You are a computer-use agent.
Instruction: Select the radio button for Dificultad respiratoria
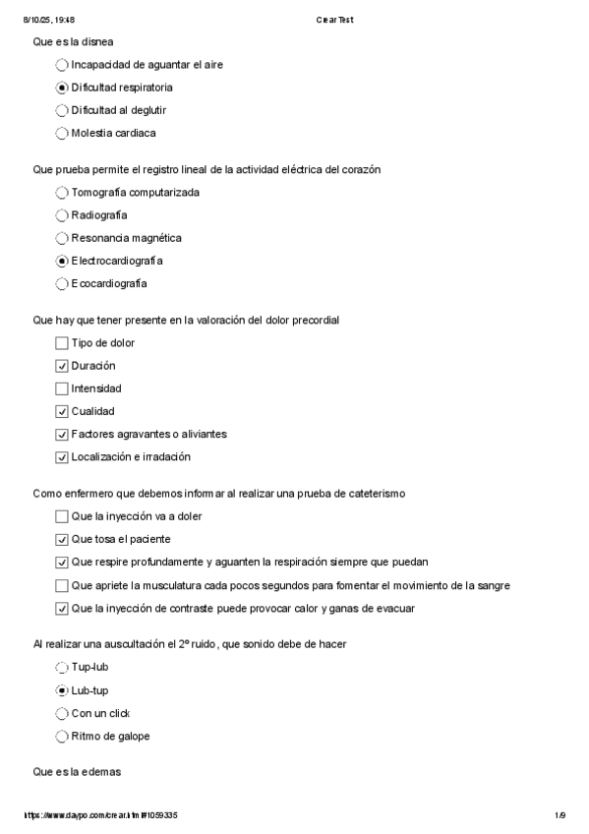63,88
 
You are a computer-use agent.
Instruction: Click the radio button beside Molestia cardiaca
63,133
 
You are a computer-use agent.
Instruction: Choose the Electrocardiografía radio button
63,261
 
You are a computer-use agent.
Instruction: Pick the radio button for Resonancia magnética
63,238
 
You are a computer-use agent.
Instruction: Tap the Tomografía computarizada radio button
63,193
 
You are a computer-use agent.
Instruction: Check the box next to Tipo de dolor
63,343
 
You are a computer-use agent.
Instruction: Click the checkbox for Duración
63,366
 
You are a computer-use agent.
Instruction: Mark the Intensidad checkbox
63,388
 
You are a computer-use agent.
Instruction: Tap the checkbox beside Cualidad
63,411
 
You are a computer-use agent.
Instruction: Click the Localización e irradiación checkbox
63,456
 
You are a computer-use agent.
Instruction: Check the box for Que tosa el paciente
63,539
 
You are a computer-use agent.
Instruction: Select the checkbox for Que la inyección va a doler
63,516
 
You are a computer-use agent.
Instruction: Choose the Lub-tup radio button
63,690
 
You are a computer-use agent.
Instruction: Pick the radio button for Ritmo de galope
63,736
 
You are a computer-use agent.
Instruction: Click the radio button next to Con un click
63,713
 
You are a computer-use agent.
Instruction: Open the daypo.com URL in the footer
99,815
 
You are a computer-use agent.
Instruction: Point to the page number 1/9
560,815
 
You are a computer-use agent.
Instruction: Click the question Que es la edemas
77,773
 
